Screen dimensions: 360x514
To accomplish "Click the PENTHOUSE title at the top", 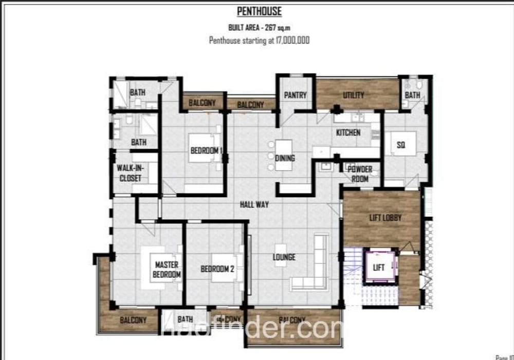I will pos(259,11).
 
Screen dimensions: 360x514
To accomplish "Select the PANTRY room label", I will pos(295,95).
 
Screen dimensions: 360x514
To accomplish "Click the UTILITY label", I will pos(354,95).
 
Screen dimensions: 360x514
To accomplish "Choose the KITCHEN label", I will pos(348,132).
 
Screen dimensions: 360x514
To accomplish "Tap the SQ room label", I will pos(401,145).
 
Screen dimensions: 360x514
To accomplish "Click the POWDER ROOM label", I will pos(360,174).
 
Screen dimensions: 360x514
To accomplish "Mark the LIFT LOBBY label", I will pos(385,218).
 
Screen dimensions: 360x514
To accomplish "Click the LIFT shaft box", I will pos(379,268).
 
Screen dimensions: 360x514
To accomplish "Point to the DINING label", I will pos(285,158).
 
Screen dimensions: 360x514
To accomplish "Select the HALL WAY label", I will pos(254,204).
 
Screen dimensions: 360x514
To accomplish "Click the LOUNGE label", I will pos(284,257).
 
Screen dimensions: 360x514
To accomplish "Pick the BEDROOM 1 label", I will pos(206,150).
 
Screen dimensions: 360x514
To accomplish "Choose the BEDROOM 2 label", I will pos(217,269).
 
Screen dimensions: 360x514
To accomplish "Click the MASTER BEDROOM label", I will pos(167,270).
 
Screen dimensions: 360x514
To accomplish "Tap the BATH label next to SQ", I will pos(412,95).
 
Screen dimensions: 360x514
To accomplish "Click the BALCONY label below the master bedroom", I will pos(133,320).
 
